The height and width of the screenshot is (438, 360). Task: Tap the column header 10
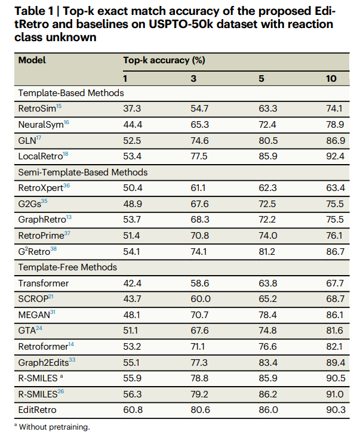(331, 78)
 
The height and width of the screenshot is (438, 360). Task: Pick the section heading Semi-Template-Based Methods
(83, 172)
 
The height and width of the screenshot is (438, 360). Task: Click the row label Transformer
(44, 283)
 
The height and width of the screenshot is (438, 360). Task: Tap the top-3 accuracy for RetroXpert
(198, 188)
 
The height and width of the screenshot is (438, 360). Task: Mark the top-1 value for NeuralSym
(133, 125)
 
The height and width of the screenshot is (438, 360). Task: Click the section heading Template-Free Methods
(67, 267)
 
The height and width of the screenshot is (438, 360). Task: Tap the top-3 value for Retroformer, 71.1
(198, 346)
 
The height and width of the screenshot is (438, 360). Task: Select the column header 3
(193, 78)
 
